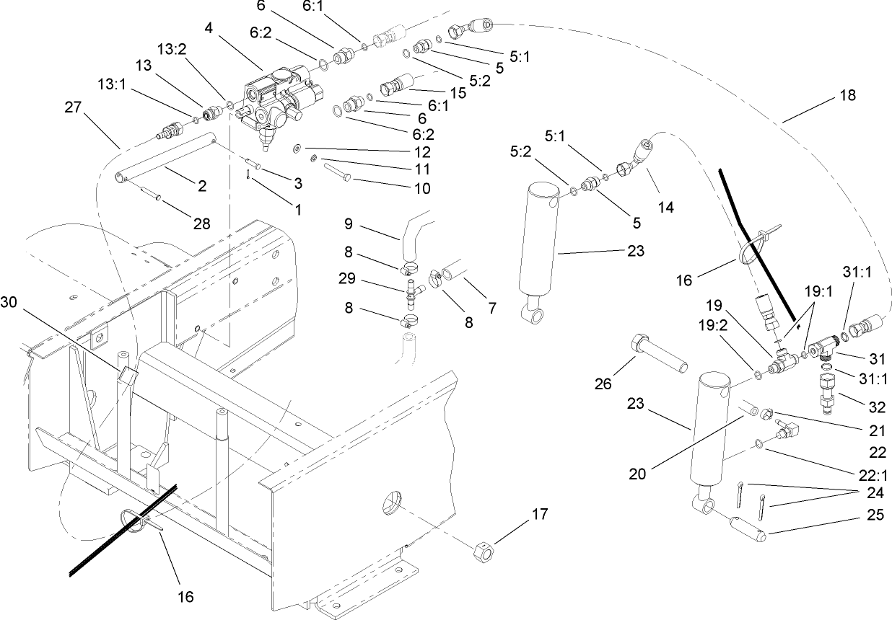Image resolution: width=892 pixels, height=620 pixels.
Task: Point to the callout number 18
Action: (848, 95)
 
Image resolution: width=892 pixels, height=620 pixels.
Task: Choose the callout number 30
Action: (11, 302)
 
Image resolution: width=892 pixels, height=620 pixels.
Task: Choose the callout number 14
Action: (665, 208)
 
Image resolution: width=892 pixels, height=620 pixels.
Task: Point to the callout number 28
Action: (202, 223)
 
